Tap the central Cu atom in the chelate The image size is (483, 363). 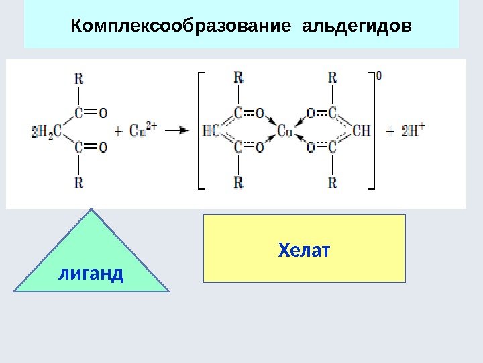(285, 130)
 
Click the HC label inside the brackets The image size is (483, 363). (210, 131)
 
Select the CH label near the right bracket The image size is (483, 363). (361, 130)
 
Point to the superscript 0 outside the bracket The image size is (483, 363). (380, 76)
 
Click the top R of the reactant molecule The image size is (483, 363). (79, 78)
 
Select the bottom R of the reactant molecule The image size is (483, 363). (79, 182)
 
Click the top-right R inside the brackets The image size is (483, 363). (332, 77)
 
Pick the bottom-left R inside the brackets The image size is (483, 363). (238, 182)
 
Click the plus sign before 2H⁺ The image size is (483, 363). (391, 131)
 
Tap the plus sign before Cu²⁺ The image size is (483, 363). (119, 131)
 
